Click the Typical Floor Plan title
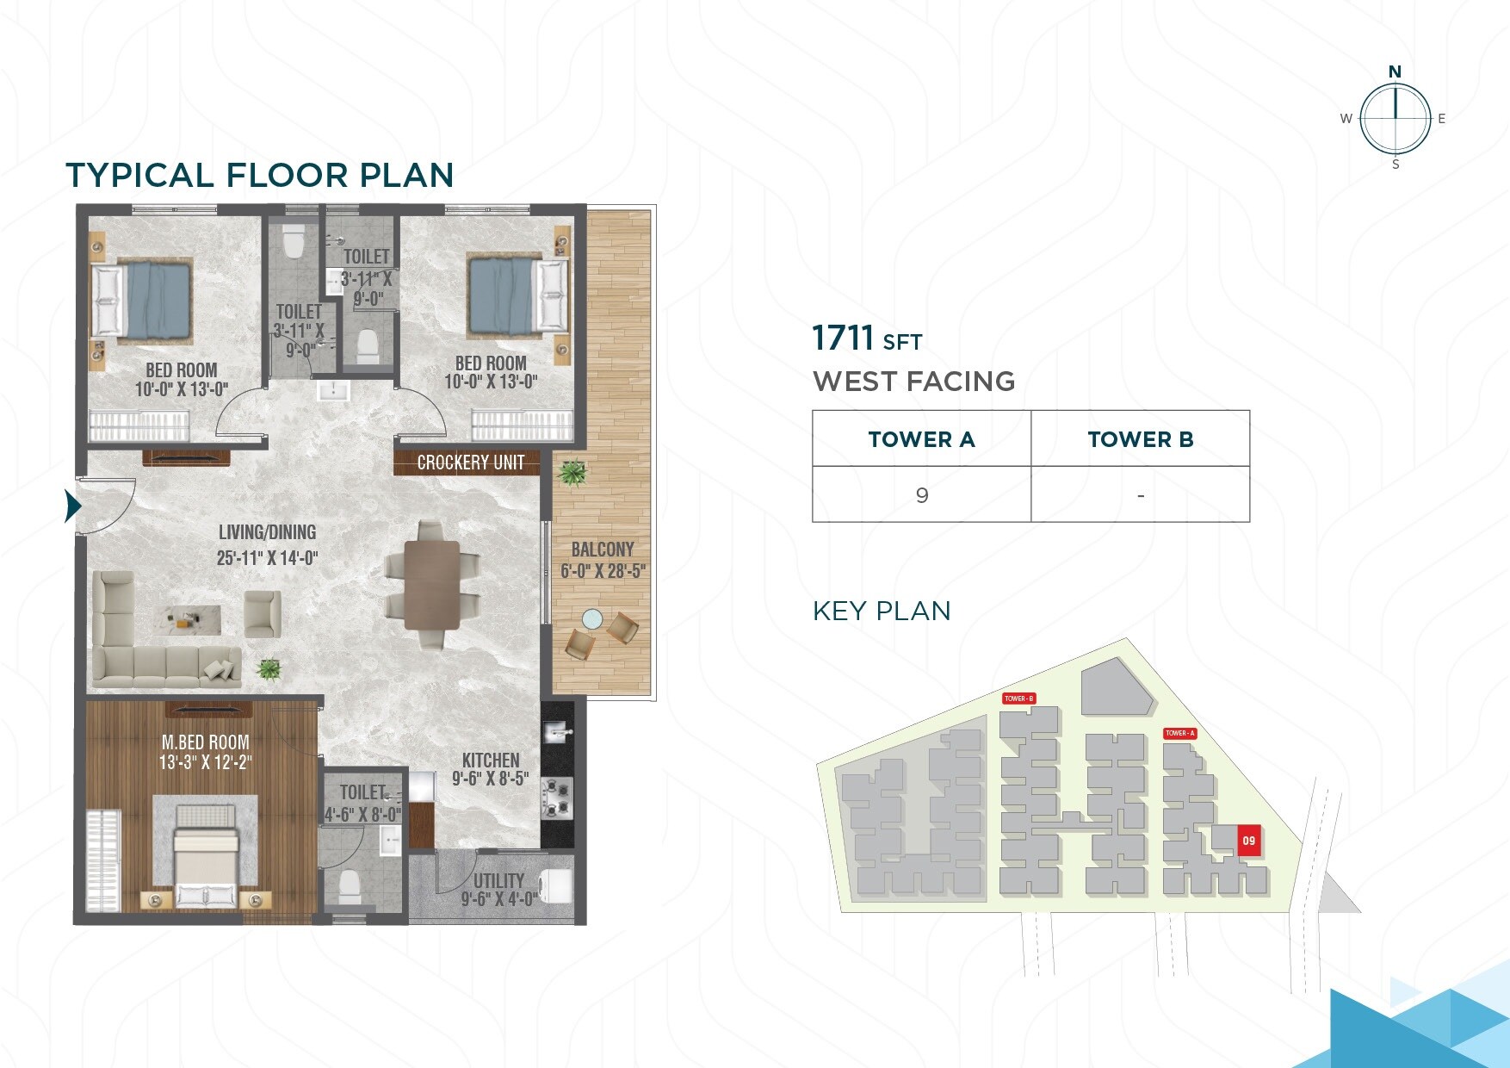259,175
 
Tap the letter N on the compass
1395,71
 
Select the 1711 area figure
843,338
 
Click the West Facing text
913,382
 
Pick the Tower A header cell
921,439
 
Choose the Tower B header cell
1140,439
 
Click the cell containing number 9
921,495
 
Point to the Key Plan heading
882,611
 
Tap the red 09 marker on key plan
1248,841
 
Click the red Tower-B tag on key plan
1018,699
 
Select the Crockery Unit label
470,463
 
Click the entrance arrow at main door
72,506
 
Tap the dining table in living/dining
432,586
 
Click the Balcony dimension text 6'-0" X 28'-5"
603,571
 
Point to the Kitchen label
490,761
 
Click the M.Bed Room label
205,742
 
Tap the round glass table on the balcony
592,618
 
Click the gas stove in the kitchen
557,798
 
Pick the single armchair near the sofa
262,613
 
